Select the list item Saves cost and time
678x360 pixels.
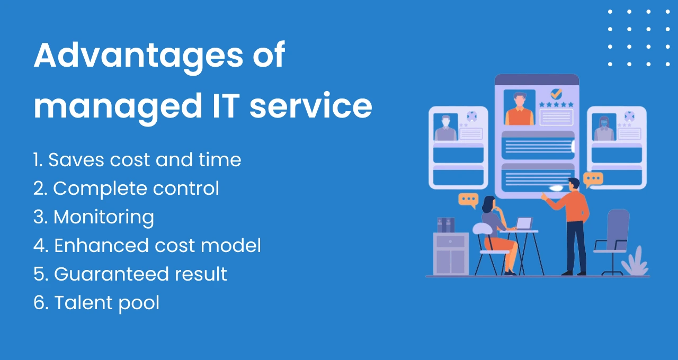137,160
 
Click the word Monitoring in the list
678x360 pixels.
104,217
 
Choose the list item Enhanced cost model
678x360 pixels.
147,246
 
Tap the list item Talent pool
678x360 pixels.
96,303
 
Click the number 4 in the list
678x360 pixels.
39,246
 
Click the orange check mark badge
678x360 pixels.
556,94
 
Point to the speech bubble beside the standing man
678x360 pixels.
593,179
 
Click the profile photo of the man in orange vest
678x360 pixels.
520,108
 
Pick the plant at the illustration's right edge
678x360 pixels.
635,262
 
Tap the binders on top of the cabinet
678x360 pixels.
445,224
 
